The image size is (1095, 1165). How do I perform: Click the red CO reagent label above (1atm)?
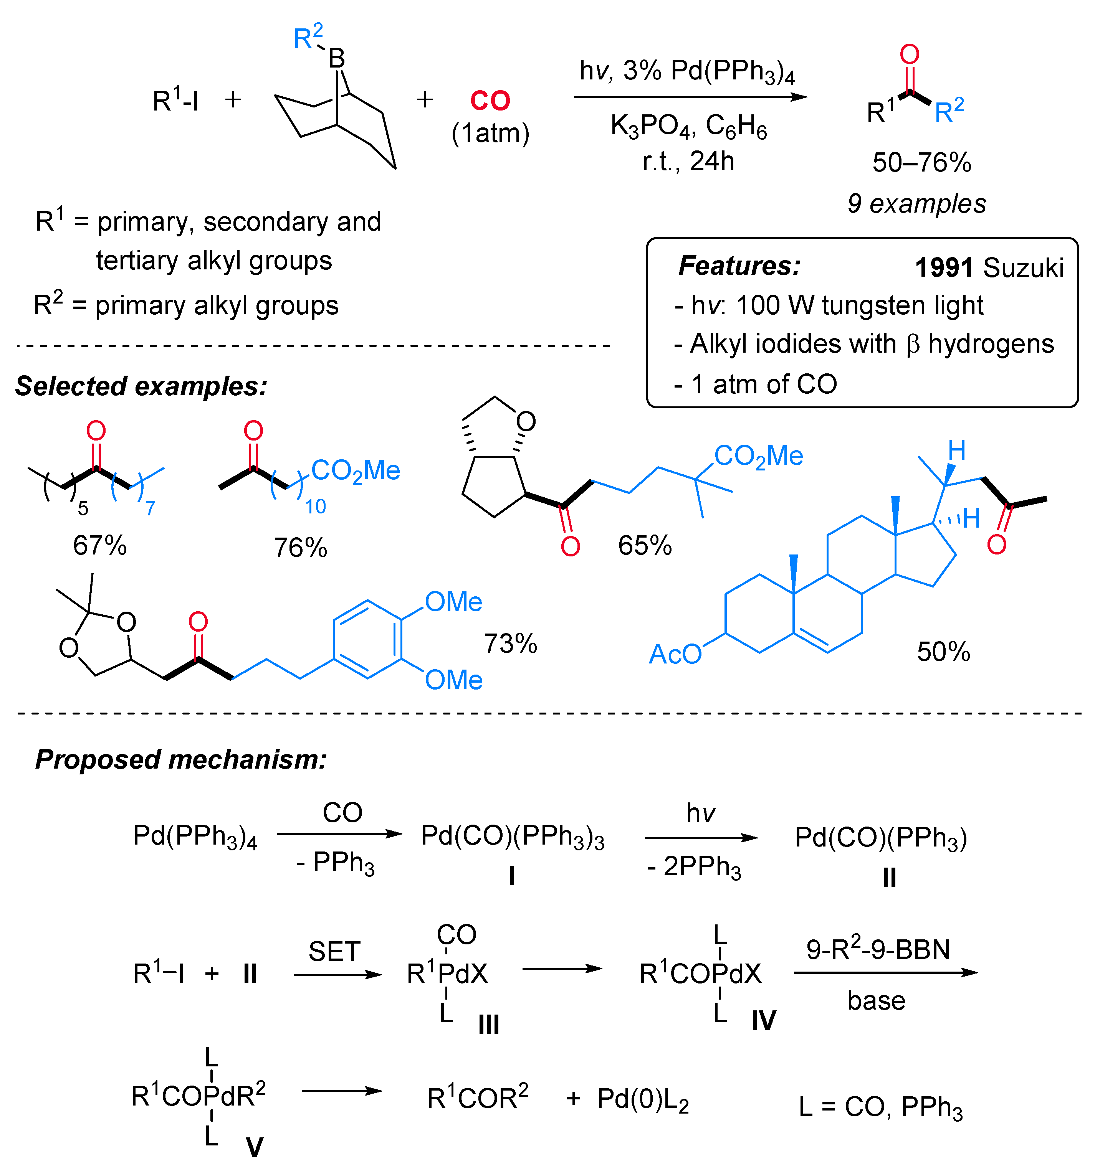click(x=490, y=101)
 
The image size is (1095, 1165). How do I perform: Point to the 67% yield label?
click(x=100, y=546)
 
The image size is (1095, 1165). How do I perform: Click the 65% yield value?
click(x=645, y=546)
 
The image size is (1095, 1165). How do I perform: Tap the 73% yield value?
click(x=510, y=644)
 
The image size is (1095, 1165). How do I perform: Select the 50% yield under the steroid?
click(x=944, y=652)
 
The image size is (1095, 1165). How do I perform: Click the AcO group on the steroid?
click(x=675, y=654)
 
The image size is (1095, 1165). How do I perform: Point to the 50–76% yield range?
click(x=921, y=162)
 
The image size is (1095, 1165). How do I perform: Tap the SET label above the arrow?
click(x=334, y=952)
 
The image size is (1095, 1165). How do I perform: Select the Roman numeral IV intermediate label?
click(x=764, y=1021)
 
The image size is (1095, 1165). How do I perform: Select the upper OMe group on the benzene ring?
click(x=453, y=602)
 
